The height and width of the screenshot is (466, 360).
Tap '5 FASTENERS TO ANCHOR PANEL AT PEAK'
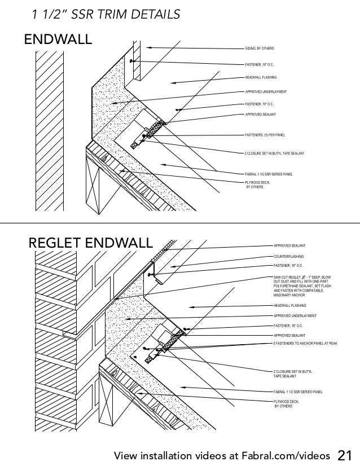click(305, 342)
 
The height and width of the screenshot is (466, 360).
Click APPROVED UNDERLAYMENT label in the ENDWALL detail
click(266, 91)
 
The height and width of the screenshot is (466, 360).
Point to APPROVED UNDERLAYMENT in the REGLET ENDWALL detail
click(295, 316)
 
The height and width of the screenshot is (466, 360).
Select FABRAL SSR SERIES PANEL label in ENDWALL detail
click(268, 174)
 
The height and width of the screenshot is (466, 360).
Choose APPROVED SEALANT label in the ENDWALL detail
click(260, 114)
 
